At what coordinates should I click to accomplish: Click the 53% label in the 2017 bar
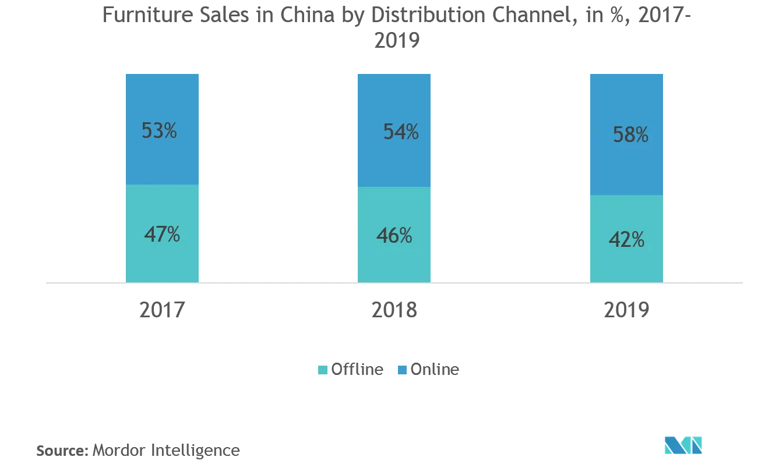159,131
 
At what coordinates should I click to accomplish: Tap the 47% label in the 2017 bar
162,234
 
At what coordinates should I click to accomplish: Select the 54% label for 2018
401,132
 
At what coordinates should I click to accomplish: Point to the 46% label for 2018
394,236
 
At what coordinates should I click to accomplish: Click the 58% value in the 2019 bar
630,135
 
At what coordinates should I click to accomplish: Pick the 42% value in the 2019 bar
626,239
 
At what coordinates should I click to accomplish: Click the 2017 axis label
162,310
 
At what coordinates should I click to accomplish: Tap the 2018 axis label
394,310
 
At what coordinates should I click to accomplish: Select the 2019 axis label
626,310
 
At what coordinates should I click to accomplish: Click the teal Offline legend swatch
323,370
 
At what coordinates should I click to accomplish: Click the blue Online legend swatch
402,370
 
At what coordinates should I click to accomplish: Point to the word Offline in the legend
357,370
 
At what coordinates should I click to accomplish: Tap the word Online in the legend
435,370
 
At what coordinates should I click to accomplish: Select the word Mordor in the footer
120,450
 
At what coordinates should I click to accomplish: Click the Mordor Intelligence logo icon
683,445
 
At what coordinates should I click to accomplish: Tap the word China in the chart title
305,14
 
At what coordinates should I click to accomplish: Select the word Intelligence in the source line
195,450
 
